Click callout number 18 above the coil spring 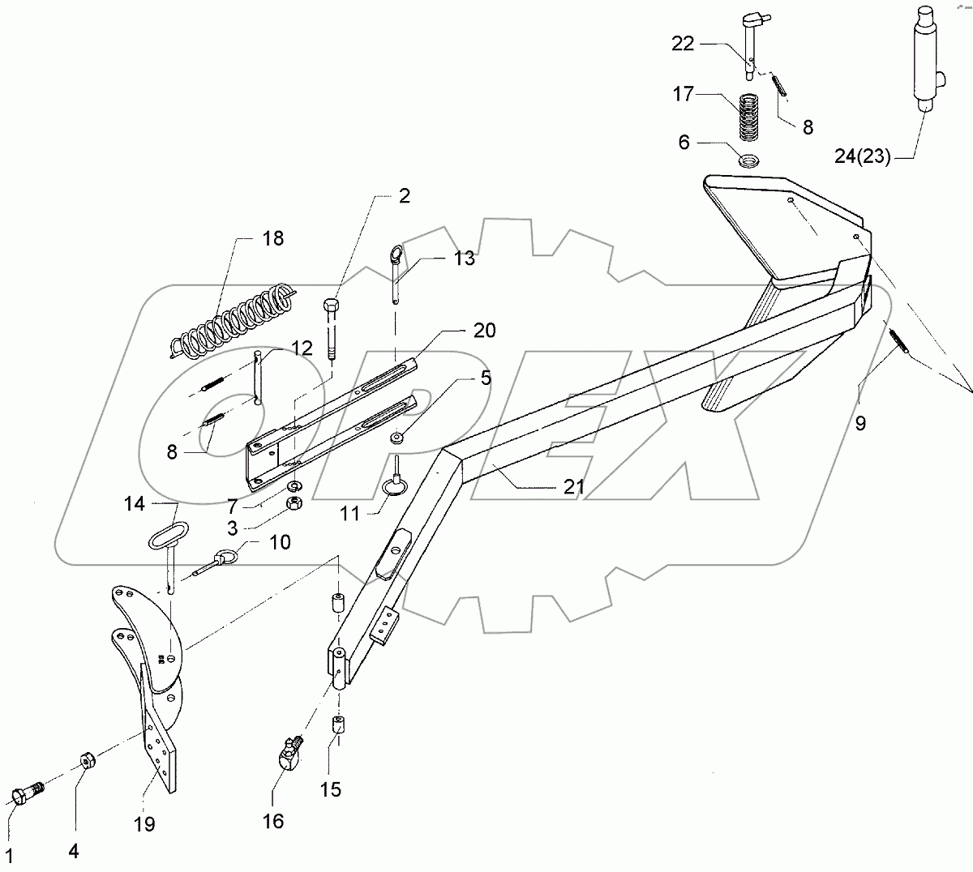(x=273, y=238)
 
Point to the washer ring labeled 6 (x=750, y=160)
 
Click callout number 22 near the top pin (x=684, y=44)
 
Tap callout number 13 (x=465, y=259)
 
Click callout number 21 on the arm (x=573, y=486)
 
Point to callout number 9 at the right (x=860, y=422)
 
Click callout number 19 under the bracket (x=146, y=824)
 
